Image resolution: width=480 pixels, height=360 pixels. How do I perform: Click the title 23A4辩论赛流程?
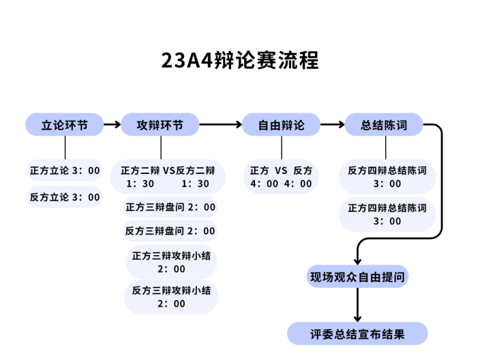[x=240, y=61]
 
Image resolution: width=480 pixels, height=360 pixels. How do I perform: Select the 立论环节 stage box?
[x=64, y=125]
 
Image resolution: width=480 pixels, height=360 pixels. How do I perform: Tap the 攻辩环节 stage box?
[x=160, y=125]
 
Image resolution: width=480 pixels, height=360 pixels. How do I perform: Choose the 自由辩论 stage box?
[x=281, y=125]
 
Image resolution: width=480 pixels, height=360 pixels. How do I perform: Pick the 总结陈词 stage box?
[x=384, y=125]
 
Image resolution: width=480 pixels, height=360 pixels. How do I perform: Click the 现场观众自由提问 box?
[x=357, y=277]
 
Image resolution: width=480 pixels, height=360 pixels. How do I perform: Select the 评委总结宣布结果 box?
[x=358, y=334]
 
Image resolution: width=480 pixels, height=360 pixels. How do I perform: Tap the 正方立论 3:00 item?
[x=65, y=170]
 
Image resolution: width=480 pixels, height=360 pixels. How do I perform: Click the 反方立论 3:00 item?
[x=65, y=197]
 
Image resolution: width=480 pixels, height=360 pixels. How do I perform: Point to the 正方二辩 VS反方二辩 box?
[x=168, y=176]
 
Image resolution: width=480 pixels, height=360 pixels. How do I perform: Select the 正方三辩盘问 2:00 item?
[x=170, y=207]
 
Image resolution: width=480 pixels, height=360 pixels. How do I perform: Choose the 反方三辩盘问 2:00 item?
[x=170, y=231]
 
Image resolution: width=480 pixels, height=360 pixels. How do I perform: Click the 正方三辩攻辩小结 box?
[x=172, y=262]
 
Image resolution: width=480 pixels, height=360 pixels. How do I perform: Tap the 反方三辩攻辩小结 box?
[x=172, y=297]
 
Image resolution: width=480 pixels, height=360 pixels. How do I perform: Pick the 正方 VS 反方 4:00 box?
[x=281, y=176]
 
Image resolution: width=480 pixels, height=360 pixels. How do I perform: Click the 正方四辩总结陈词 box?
[x=387, y=214]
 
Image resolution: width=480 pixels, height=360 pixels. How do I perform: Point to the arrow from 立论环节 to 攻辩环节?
[x=112, y=125]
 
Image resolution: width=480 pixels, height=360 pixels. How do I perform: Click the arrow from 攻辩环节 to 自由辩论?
[x=220, y=125]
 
